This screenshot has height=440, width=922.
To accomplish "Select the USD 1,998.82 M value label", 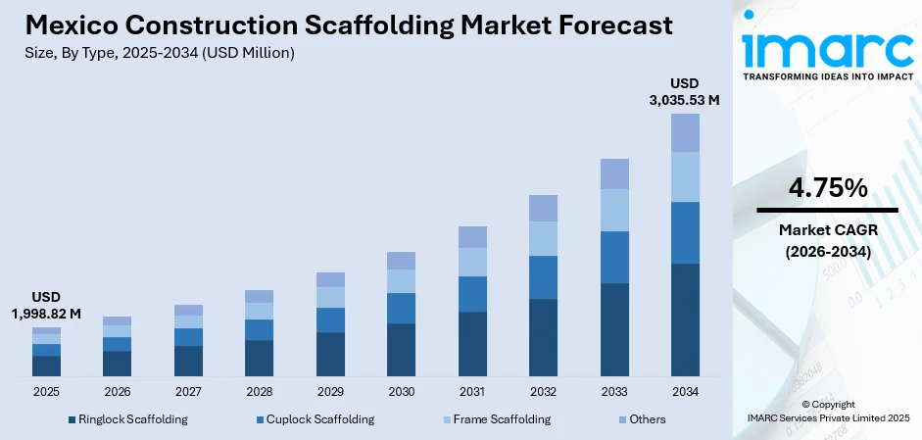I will coord(46,305).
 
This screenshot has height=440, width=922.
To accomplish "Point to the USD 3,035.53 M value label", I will coord(685,91).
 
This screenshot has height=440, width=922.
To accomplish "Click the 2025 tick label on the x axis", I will coord(46,392).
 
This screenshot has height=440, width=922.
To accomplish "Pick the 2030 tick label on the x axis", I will coord(401,392).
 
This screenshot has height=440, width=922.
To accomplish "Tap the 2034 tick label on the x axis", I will coord(685,392).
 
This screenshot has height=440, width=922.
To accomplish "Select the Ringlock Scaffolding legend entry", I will coord(127,419).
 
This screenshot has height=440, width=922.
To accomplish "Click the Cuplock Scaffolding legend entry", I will coord(315,419).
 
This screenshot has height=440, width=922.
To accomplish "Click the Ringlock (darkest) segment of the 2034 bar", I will coord(685,319).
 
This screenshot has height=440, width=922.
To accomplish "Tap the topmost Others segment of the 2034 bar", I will coord(685,132).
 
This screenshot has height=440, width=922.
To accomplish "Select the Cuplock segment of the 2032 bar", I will coord(543,277).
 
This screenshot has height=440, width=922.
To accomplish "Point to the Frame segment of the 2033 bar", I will coord(614,210).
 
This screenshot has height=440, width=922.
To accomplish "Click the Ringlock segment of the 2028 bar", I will coord(259,358).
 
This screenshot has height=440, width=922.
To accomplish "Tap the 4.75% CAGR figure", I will coord(827,188).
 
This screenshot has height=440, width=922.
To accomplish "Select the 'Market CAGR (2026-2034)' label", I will coord(827,240).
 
